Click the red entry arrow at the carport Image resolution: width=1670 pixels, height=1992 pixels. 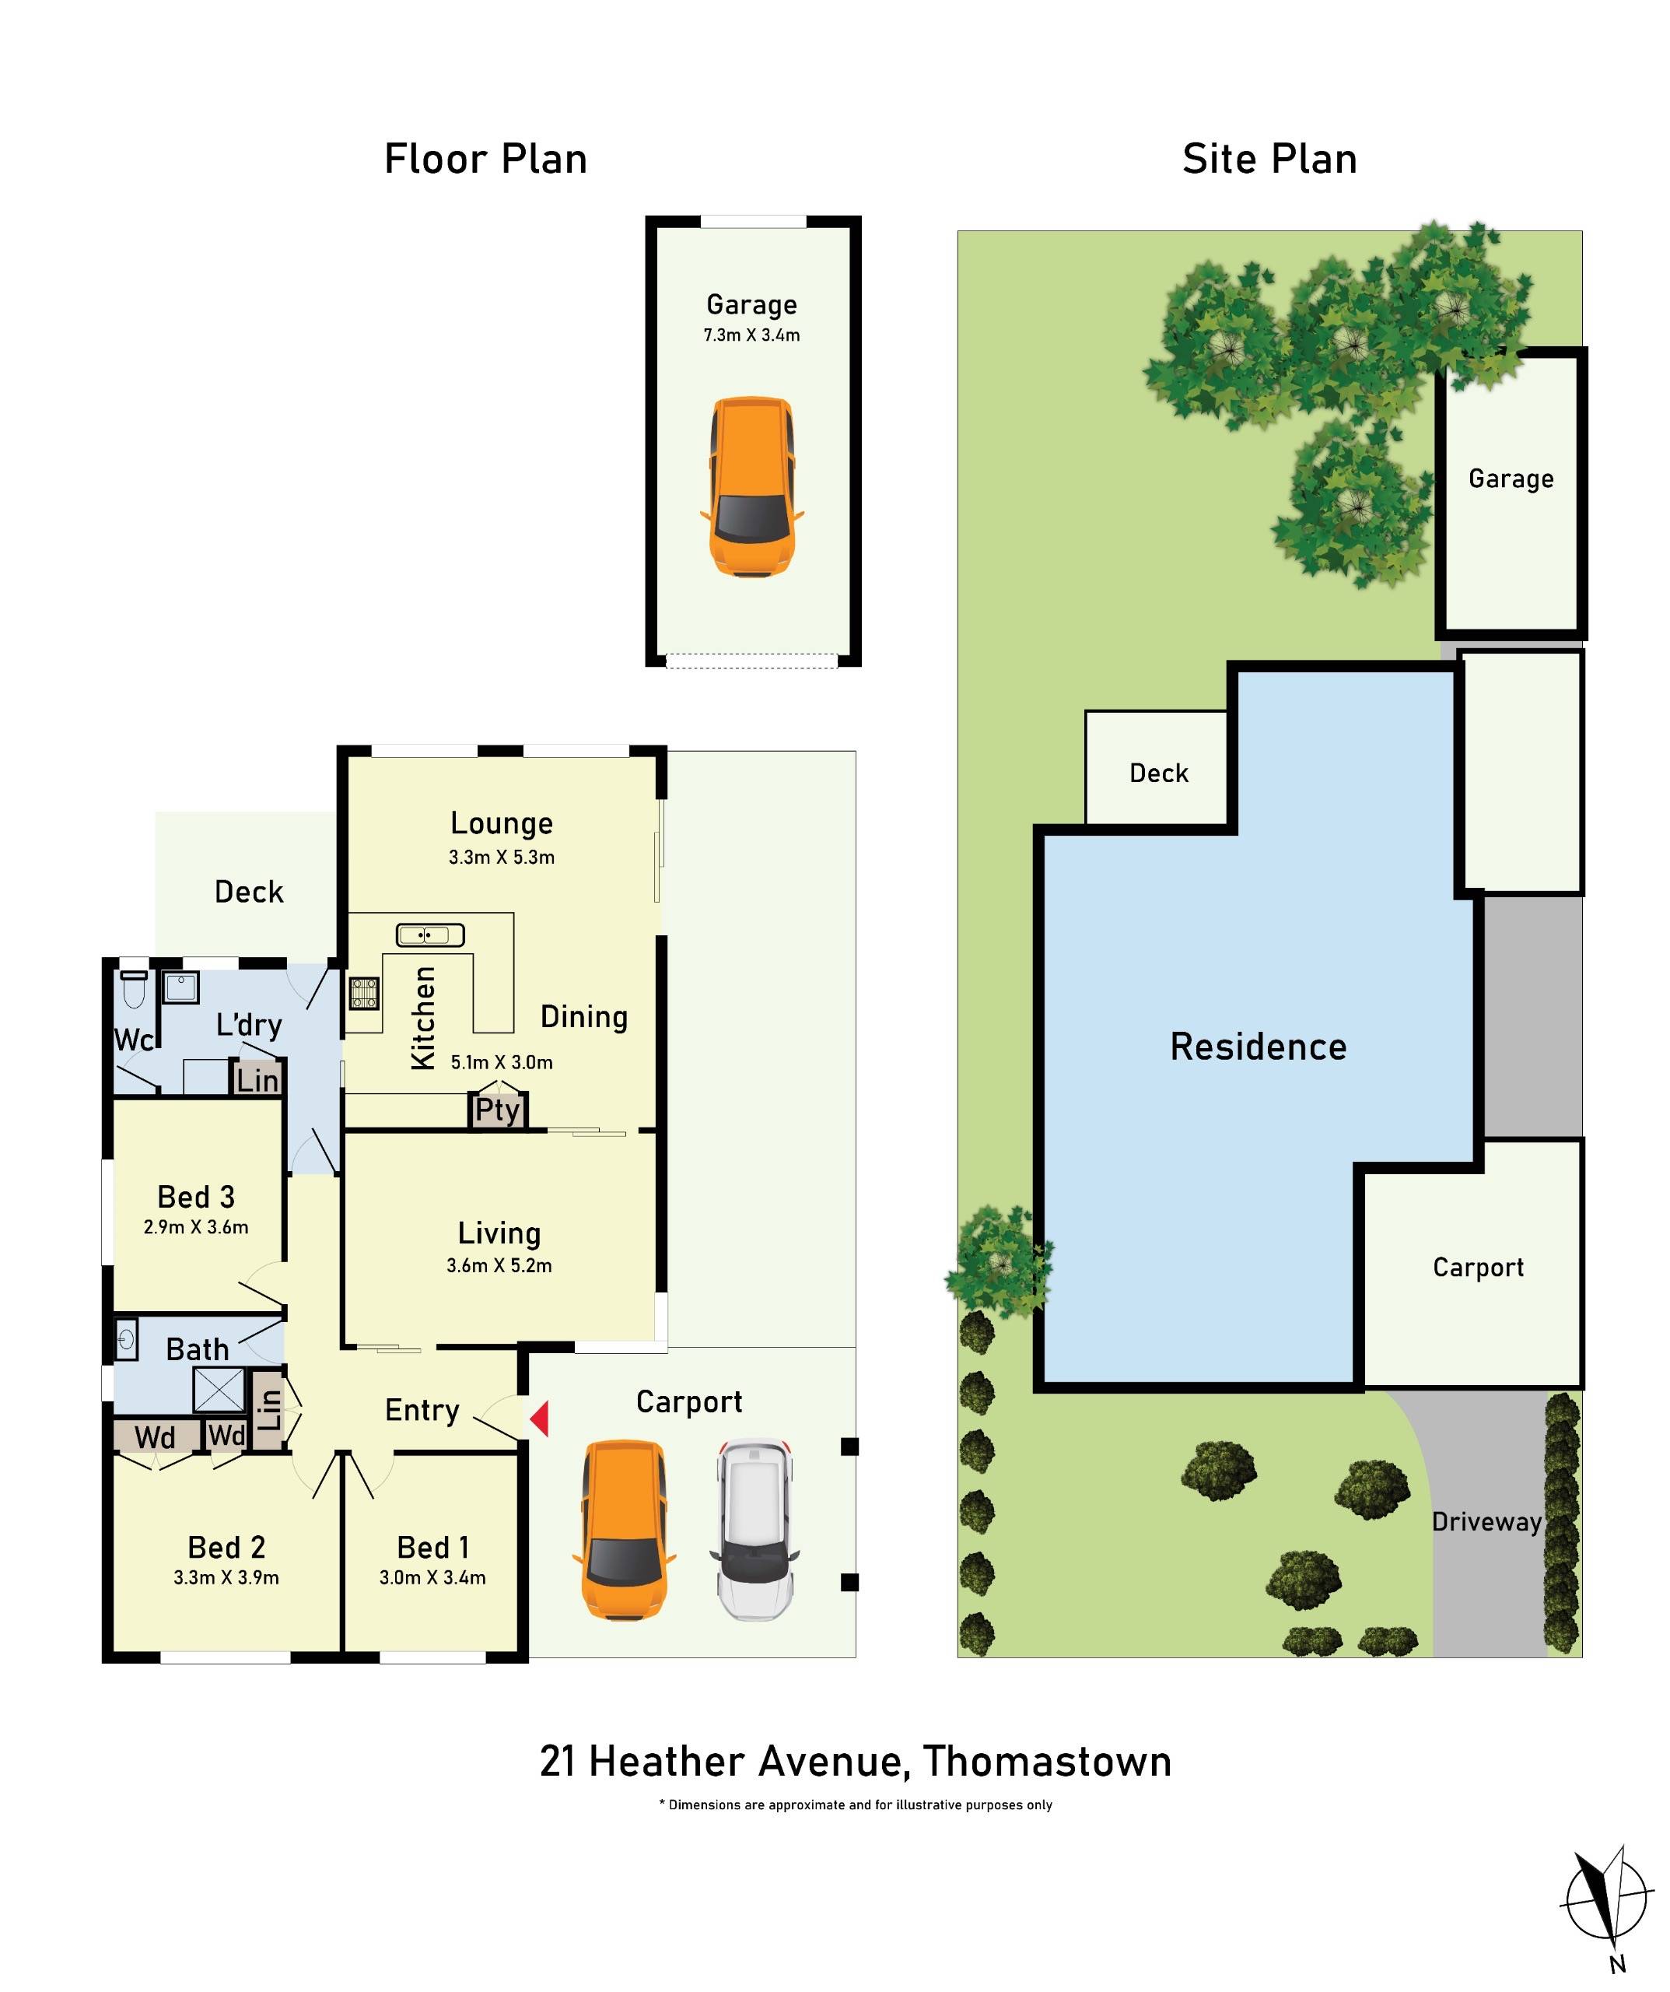click(x=540, y=1419)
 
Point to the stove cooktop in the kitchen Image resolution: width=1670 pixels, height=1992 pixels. click(x=364, y=993)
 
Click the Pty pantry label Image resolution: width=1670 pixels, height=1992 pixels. click(x=498, y=1110)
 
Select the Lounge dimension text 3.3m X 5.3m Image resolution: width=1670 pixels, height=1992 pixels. click(x=502, y=857)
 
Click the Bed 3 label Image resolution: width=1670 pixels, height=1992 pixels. click(x=196, y=1197)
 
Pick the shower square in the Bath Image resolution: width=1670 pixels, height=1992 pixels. click(x=219, y=1391)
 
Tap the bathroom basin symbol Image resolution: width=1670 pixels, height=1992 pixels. click(x=127, y=1341)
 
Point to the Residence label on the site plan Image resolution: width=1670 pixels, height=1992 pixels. click(x=1259, y=1047)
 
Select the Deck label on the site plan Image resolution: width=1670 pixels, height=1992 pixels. click(x=1159, y=773)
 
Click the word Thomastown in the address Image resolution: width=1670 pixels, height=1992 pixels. click(x=1047, y=1762)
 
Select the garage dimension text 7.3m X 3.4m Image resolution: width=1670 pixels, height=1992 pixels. click(x=752, y=335)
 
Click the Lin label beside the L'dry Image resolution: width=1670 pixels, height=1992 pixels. click(x=257, y=1080)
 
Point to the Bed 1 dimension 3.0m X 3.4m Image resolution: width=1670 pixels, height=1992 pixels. click(x=432, y=1577)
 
